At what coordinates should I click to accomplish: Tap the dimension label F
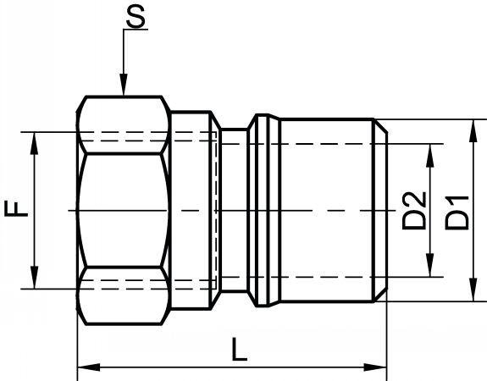(x=16, y=208)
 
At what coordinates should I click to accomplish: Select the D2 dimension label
(x=413, y=211)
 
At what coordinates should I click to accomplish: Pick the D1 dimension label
(x=457, y=213)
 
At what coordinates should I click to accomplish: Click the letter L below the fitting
(x=240, y=350)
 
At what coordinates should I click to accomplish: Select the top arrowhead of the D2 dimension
(x=430, y=155)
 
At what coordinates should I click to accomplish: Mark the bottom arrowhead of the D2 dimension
(x=430, y=265)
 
